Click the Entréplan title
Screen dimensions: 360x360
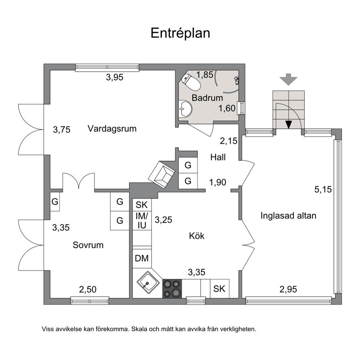(x=180, y=33)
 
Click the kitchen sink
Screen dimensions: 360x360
(x=148, y=282)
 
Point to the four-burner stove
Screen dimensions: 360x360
(x=172, y=289)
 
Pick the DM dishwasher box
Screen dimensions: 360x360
(x=142, y=258)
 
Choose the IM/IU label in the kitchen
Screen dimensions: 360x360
(x=142, y=221)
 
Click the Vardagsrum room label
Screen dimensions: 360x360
(x=112, y=128)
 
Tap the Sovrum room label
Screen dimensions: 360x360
(x=88, y=245)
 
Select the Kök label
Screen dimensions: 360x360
(x=197, y=236)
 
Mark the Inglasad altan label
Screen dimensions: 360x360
(x=289, y=216)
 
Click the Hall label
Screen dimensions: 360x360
(x=218, y=157)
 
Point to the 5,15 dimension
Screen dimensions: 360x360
(x=323, y=189)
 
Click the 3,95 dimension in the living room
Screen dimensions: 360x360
(x=115, y=77)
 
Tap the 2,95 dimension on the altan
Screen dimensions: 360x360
(x=288, y=289)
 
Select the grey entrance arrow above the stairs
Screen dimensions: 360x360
(x=289, y=79)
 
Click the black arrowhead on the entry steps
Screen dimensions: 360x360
(x=289, y=124)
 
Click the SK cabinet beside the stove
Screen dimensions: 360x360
(x=220, y=289)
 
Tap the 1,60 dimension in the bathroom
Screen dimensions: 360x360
(x=227, y=108)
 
